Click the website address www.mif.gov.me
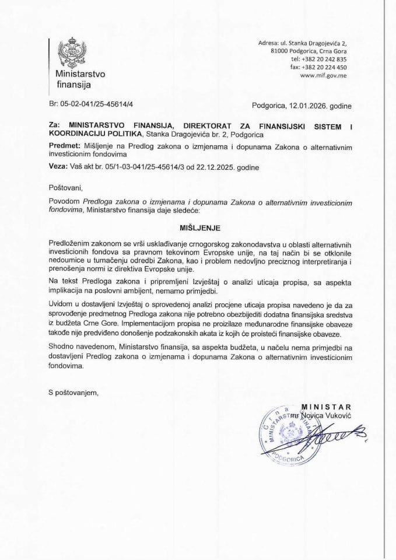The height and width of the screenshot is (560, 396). point(323,76)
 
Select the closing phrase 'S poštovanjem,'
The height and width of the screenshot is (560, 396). point(75,393)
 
